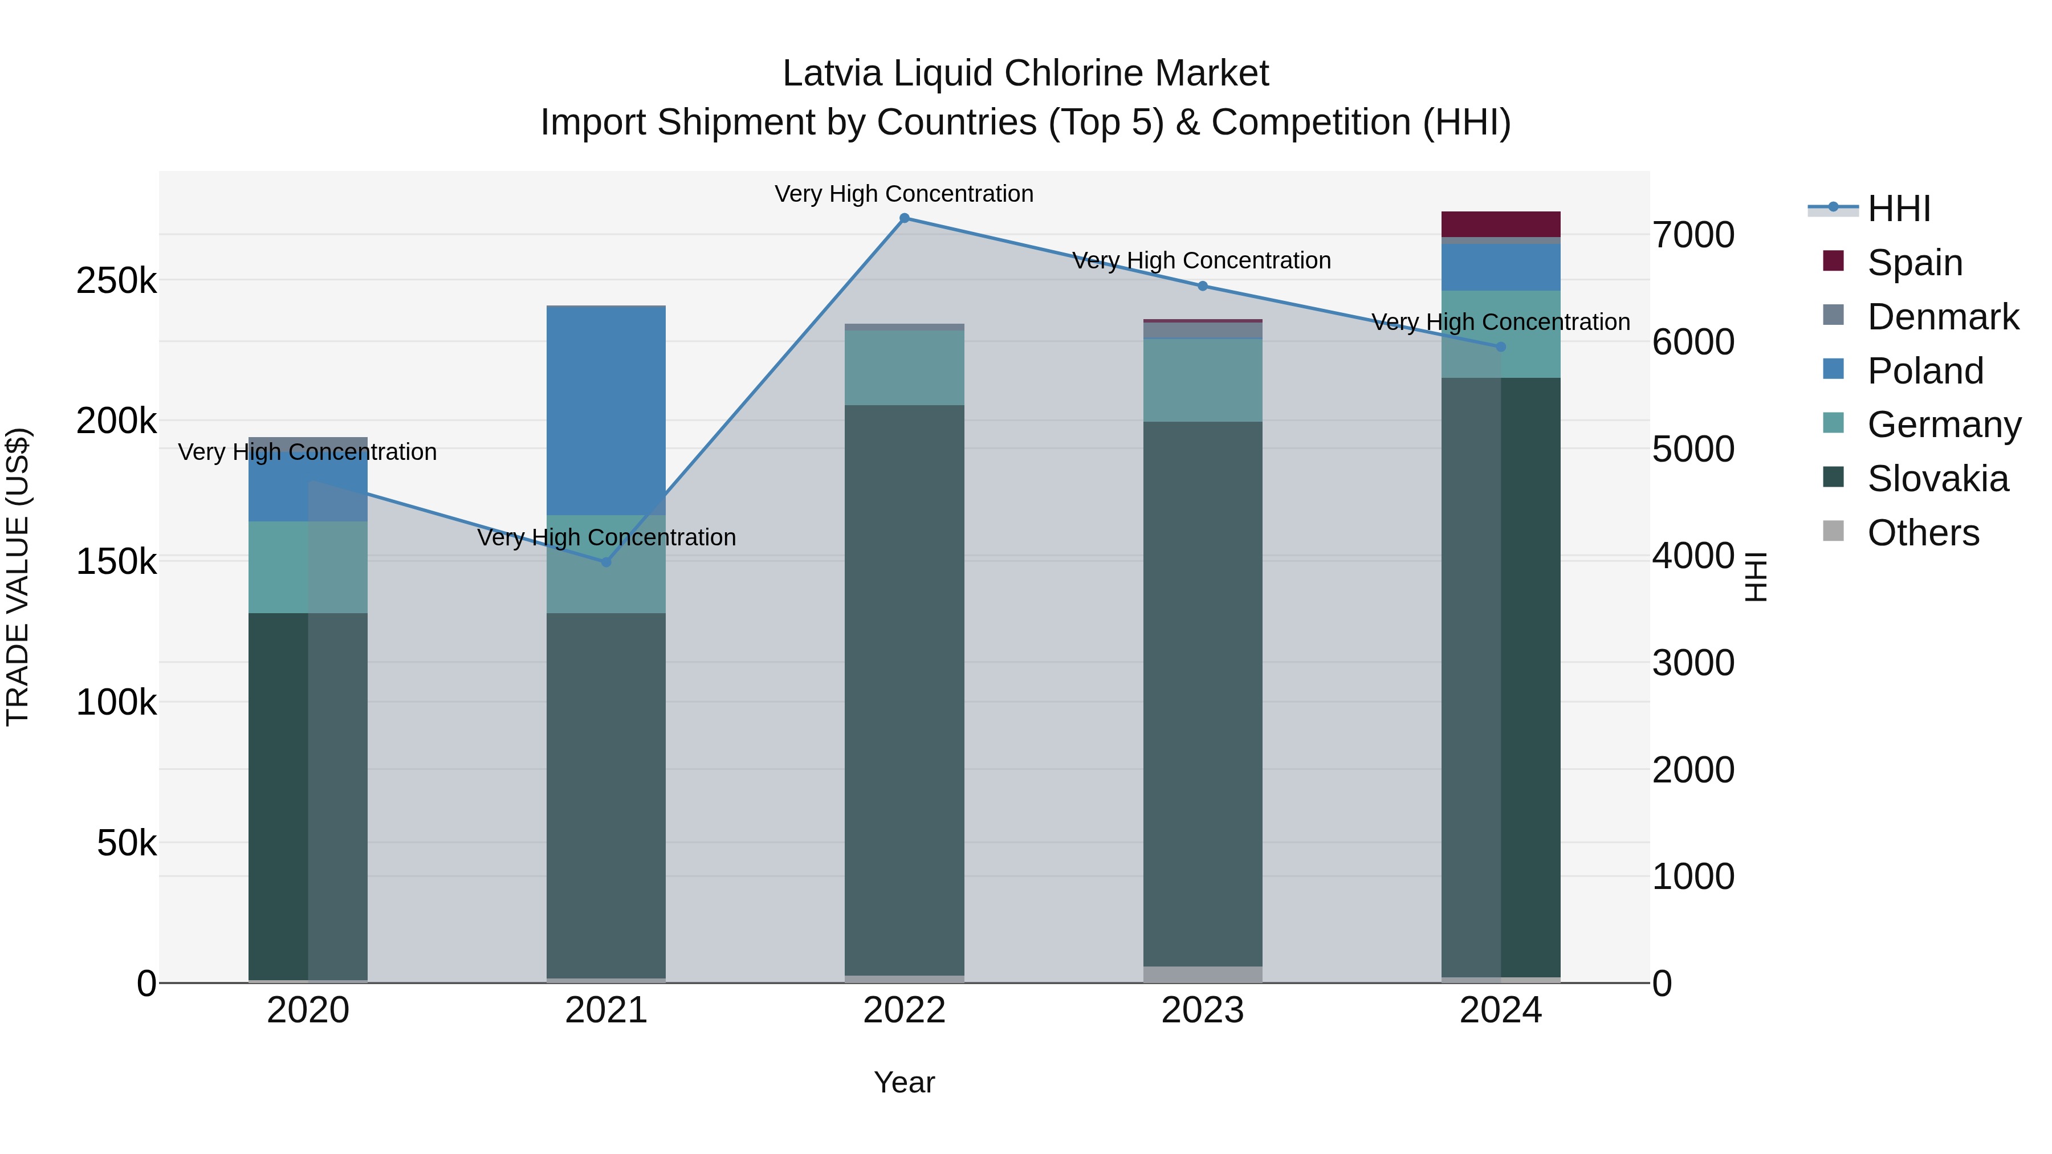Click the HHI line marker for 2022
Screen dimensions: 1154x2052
[904, 218]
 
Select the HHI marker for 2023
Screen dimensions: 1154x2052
[1203, 286]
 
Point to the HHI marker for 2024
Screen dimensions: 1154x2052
[1501, 346]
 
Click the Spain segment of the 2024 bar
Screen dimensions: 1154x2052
[1501, 224]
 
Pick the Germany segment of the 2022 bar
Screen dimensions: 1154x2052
[904, 368]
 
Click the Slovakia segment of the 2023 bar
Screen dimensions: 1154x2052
[1203, 693]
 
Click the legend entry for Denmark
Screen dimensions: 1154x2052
[1942, 317]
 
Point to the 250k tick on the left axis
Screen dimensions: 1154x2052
[116, 280]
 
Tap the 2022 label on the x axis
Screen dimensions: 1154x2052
[904, 1010]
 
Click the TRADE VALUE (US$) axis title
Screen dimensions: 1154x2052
[18, 577]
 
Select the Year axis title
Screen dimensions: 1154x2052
[904, 1082]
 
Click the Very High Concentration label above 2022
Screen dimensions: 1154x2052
[904, 194]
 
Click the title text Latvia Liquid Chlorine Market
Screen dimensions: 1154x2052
[1025, 74]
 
